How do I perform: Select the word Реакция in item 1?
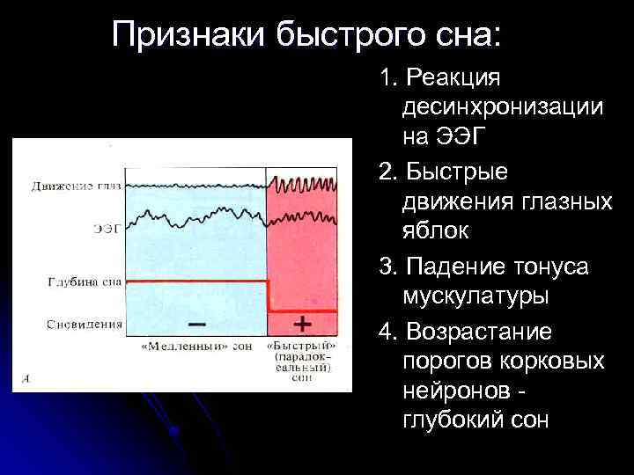(x=452, y=78)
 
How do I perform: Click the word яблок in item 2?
(x=436, y=231)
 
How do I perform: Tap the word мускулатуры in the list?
(x=475, y=295)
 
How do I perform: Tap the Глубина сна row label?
(x=85, y=282)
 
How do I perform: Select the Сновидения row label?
(x=85, y=324)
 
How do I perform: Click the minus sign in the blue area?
(x=198, y=324)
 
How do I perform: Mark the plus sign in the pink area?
(x=301, y=324)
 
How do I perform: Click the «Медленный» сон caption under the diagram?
(x=195, y=346)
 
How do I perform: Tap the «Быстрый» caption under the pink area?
(x=301, y=346)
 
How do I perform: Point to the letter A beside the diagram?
(x=27, y=379)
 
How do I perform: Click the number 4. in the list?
(x=388, y=332)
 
